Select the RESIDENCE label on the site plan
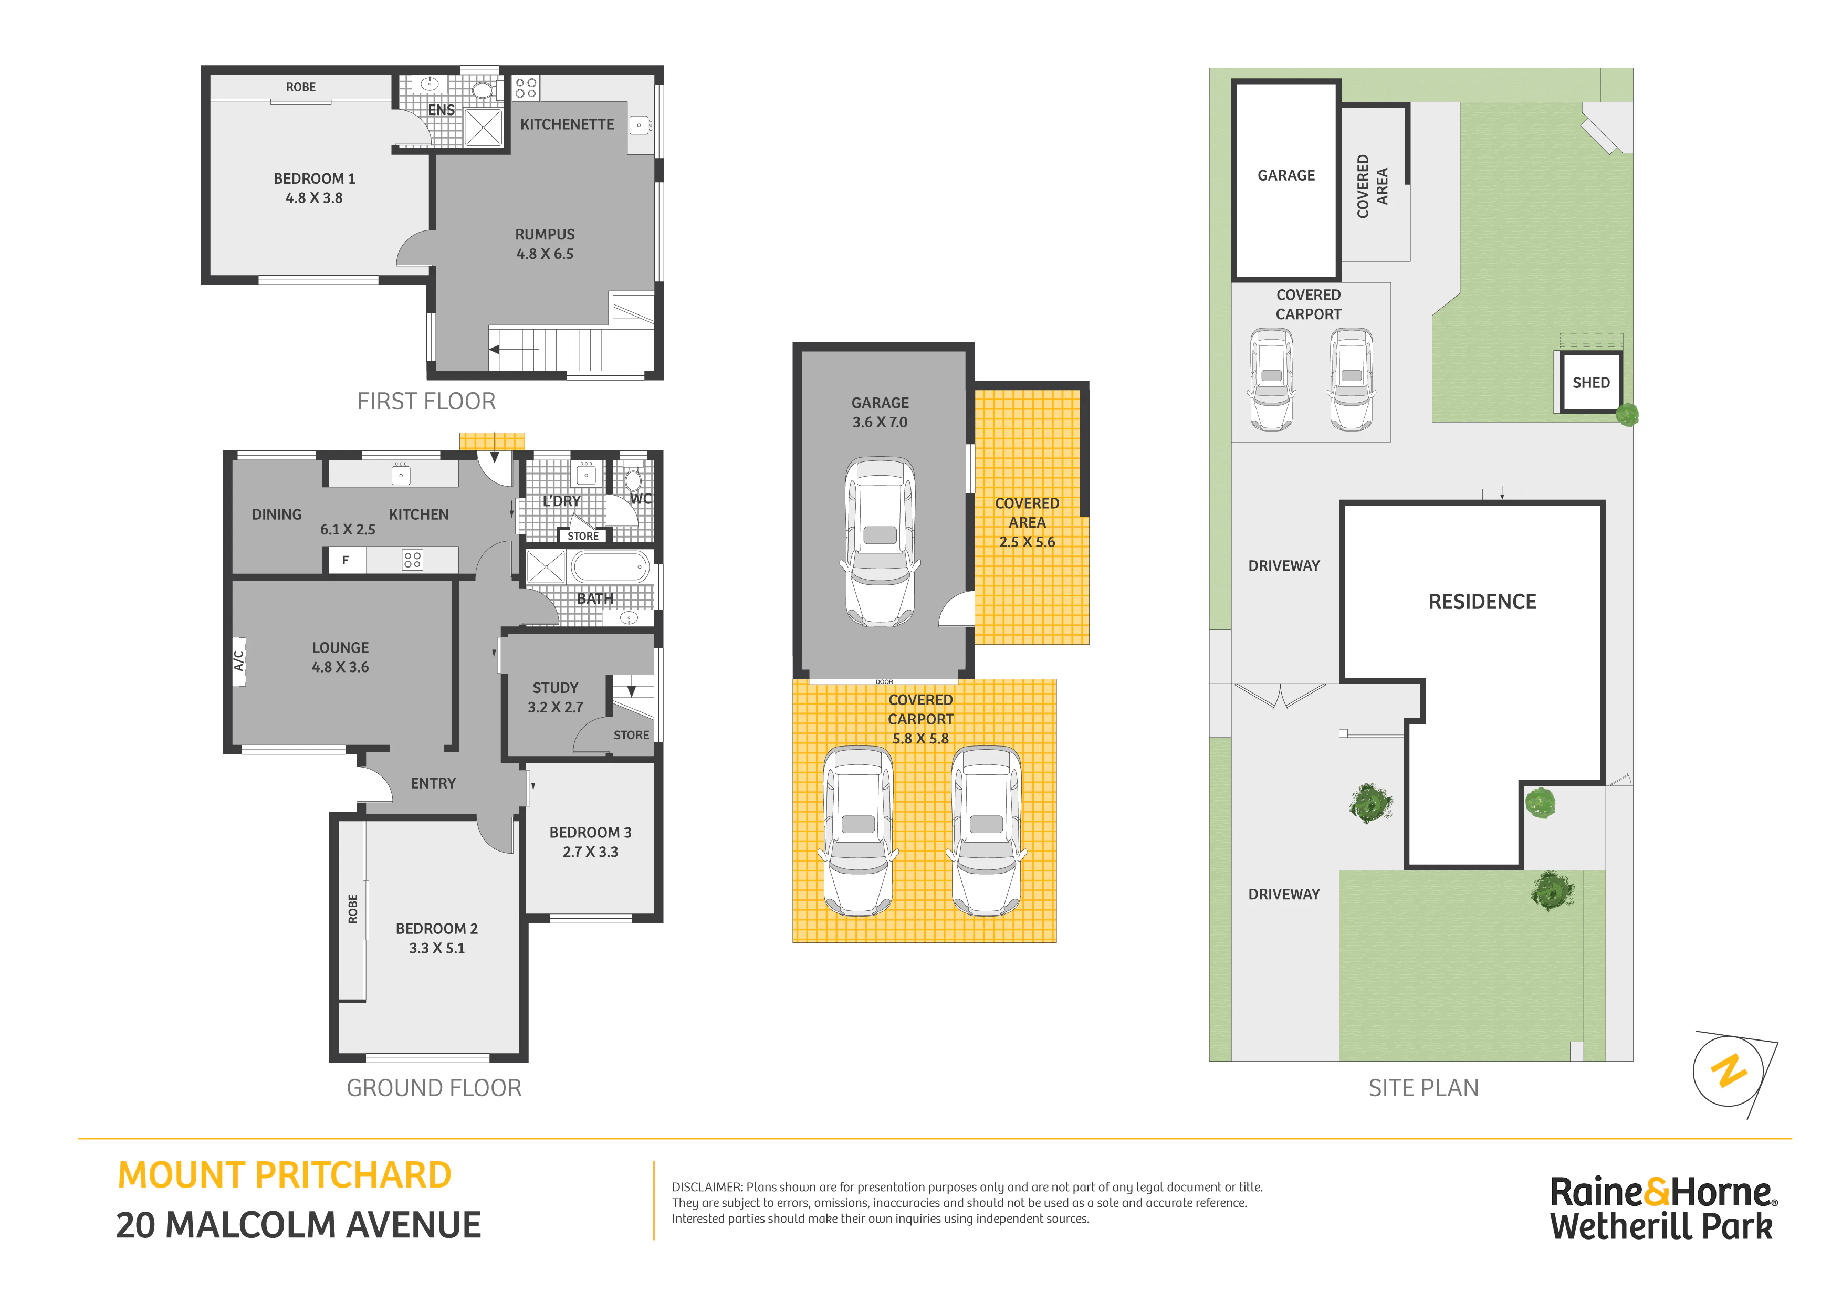[1482, 602]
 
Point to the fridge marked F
[347, 560]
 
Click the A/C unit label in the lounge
[238, 661]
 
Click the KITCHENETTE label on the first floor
[567, 124]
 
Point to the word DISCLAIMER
[707, 1187]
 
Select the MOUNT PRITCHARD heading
[284, 1175]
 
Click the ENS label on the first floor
[441, 110]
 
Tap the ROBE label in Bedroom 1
[301, 87]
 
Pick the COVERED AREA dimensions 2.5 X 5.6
[1027, 542]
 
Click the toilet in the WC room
[633, 480]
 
